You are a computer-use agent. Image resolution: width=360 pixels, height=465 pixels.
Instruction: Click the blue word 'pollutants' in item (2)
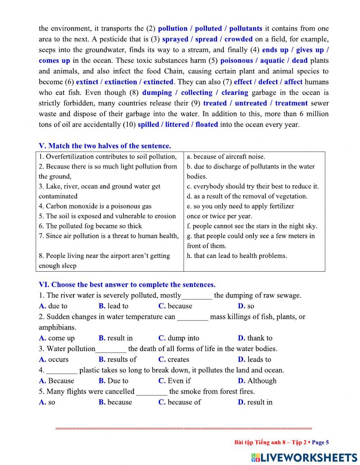pos(246,28)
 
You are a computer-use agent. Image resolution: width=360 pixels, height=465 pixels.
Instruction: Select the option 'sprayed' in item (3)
pos(175,39)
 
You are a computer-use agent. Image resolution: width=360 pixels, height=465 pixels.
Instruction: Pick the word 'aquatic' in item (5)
pos(272,61)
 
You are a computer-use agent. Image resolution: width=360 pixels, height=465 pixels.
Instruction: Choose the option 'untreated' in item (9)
pos(251,103)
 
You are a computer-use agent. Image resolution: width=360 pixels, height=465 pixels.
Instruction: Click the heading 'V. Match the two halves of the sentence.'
pos(105,146)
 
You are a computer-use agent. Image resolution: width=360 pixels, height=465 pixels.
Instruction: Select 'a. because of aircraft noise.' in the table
pos(226,157)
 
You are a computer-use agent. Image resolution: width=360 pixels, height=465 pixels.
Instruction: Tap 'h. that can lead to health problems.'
pos(237,256)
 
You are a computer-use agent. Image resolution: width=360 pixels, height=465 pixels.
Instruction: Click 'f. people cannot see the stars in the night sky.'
pos(252,226)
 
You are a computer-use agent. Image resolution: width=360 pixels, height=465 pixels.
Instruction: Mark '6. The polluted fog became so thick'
pos(90,226)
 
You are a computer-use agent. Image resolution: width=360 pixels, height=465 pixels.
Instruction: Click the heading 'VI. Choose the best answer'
pos(127,285)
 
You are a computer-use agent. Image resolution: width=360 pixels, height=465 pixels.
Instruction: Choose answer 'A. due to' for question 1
pos(53,306)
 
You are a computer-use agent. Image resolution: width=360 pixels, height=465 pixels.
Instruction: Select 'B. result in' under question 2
pos(116,338)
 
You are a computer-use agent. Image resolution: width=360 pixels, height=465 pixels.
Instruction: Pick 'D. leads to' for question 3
pos(255,359)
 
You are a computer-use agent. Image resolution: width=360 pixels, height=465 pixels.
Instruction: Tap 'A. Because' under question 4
pos(57,381)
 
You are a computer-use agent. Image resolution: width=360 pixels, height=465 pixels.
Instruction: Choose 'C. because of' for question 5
pos(180,402)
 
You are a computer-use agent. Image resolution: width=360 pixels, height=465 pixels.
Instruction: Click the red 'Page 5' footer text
pos(320,443)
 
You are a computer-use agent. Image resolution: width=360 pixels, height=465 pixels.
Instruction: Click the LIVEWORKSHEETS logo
pos(304,457)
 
